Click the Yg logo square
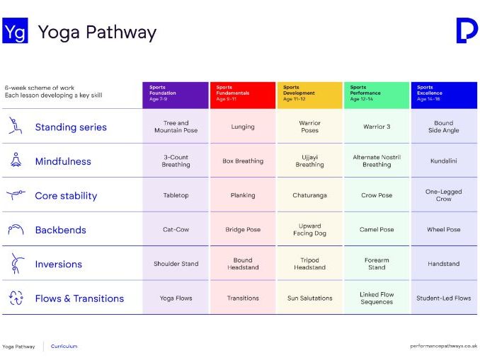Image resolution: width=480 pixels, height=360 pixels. [x=15, y=32]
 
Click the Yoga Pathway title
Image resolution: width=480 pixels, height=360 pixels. [x=97, y=32]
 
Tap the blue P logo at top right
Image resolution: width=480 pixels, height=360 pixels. [x=467, y=31]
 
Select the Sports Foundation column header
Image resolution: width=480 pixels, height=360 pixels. [x=176, y=94]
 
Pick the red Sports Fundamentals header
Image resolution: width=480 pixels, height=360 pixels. [x=243, y=94]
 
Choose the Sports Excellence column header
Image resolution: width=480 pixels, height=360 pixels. [x=444, y=94]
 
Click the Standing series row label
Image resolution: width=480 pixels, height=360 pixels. [x=71, y=127]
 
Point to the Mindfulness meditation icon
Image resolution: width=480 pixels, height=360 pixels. [x=15, y=161]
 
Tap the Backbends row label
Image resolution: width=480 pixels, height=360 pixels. [x=60, y=230]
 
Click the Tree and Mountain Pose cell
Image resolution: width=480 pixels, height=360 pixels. [x=176, y=127]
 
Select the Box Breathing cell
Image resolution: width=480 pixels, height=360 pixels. [x=243, y=161]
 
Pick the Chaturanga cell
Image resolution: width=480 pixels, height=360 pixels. [x=309, y=195]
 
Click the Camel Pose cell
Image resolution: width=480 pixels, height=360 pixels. [x=377, y=230]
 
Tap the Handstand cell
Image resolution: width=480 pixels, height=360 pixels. [x=444, y=264]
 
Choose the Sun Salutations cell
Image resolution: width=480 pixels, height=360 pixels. [x=309, y=298]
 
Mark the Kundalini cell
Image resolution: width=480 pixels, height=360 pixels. [x=444, y=161]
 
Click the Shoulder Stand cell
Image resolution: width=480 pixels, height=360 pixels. [x=176, y=264]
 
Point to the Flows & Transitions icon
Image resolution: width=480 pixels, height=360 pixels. [x=16, y=298]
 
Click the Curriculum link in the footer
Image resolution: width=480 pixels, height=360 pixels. [x=64, y=347]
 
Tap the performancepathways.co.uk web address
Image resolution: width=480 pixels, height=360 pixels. [x=443, y=346]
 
